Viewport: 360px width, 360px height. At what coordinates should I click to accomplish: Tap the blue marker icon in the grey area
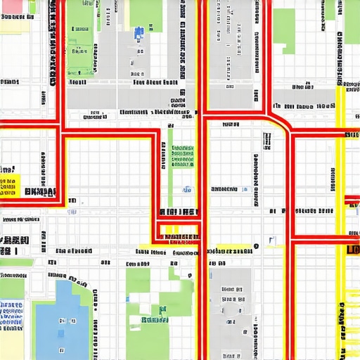point(139,32)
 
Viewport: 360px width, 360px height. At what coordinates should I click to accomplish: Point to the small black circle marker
point(256,246)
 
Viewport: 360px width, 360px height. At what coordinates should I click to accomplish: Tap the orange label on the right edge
point(353,250)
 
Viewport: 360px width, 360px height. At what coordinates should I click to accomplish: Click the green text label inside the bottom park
point(155,320)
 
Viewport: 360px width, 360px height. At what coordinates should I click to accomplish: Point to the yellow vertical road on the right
point(341,176)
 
